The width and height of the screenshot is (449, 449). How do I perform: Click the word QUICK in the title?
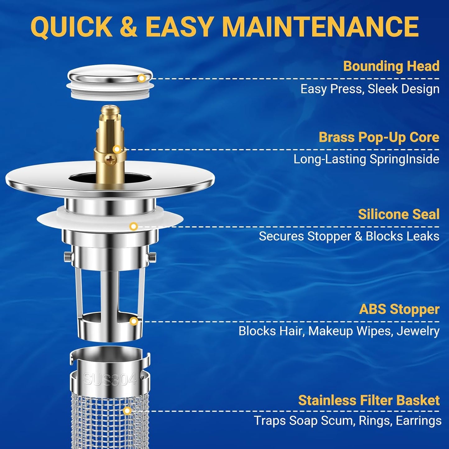click(x=71, y=27)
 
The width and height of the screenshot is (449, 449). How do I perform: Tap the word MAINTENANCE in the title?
click(x=321, y=27)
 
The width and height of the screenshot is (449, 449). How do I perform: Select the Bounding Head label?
click(x=391, y=66)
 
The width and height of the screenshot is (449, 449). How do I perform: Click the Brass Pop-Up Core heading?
click(x=379, y=137)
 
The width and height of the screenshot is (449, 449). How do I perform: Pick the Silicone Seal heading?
click(x=399, y=214)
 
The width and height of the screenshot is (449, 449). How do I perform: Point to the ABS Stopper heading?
click(x=399, y=309)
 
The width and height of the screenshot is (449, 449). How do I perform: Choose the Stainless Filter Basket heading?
click(x=369, y=401)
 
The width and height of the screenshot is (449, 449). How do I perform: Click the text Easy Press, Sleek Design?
click(x=370, y=89)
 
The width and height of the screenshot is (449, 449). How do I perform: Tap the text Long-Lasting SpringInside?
click(x=366, y=159)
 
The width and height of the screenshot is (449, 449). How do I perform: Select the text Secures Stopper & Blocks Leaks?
click(x=349, y=236)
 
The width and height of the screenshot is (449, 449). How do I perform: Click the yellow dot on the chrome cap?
click(x=141, y=78)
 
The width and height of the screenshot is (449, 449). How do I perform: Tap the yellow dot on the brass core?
click(x=117, y=149)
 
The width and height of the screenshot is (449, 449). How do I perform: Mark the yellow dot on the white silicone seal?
click(x=134, y=227)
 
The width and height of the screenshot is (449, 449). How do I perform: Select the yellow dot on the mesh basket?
click(x=127, y=411)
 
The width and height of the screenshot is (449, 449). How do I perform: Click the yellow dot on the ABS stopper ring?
click(x=134, y=321)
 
